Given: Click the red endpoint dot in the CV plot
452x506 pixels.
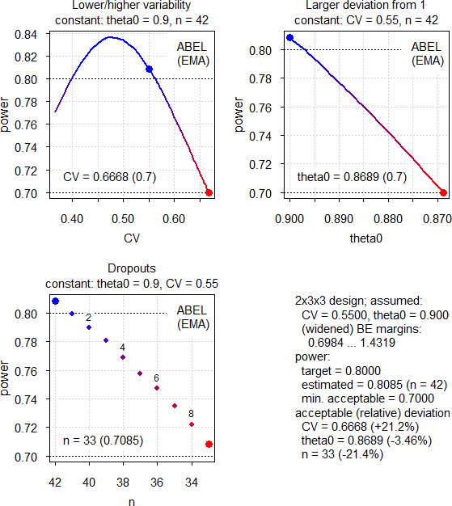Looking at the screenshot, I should [209, 192].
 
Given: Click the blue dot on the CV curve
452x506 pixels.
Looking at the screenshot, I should [149, 70].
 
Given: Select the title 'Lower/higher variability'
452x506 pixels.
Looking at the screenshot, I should [123, 7].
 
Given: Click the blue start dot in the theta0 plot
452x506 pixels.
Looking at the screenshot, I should [290, 38].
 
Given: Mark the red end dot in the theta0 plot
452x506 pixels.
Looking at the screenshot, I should [443, 192].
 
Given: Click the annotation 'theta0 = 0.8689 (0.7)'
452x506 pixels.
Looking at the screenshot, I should [353, 177].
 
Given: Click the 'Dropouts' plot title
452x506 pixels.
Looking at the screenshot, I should [123, 269].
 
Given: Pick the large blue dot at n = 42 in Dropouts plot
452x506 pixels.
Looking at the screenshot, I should [55, 301].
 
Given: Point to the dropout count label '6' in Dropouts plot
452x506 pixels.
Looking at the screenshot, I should [156, 377].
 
